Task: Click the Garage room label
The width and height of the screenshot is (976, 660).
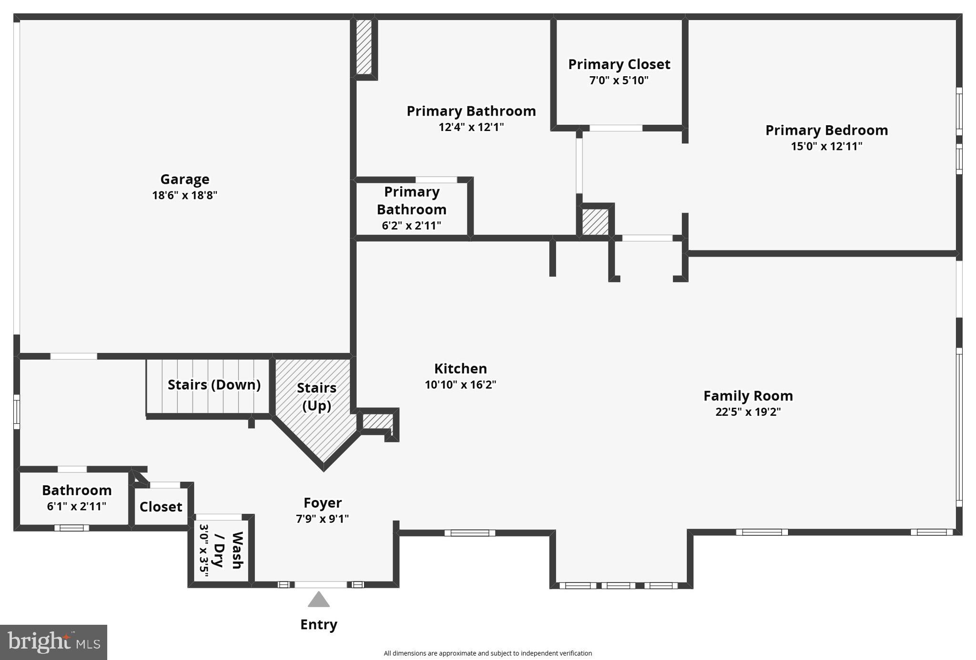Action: coord(184,179)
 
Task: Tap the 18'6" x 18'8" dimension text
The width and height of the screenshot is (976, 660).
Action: coord(184,195)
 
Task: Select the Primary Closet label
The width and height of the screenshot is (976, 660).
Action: coord(619,64)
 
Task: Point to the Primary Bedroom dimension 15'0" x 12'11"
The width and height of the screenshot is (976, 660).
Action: coord(826,146)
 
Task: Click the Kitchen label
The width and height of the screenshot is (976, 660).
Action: coord(460,369)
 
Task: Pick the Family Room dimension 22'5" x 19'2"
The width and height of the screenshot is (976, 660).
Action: coord(748,412)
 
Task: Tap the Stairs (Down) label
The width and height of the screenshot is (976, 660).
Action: coord(214,385)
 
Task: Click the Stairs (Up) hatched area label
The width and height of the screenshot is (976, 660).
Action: coord(316,396)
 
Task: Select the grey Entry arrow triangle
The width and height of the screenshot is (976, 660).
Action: coord(318,600)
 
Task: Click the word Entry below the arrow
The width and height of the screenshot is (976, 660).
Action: coord(318,624)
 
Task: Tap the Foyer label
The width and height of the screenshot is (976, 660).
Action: coord(323,503)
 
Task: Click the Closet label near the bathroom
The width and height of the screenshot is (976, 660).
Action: coord(161,507)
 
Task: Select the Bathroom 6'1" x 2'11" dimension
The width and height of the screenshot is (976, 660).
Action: coord(76,506)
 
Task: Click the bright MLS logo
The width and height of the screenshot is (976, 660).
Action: coord(53,642)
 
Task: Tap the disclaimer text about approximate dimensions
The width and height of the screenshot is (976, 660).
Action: coord(488,653)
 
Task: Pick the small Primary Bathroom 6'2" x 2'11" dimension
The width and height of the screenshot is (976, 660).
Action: coord(411,226)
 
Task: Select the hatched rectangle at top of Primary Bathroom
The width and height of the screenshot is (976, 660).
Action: coord(364,46)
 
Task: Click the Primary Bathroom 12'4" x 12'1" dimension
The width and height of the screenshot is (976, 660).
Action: coord(471,127)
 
